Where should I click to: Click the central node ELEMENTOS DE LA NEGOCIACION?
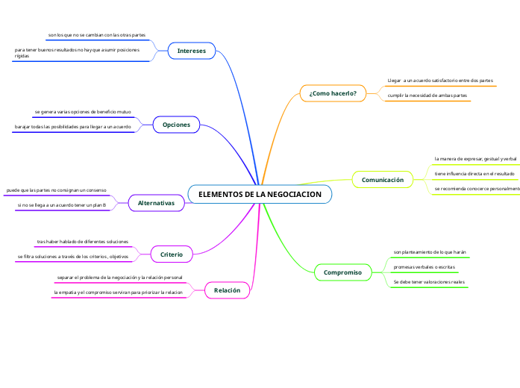pyautogui.click(x=260, y=194)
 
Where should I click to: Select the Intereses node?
pyautogui.click(x=192, y=51)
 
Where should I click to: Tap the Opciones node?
pyautogui.click(x=176, y=125)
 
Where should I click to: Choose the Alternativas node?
pyautogui.click(x=156, y=202)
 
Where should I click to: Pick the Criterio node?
pyautogui.click(x=172, y=254)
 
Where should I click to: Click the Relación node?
pyautogui.click(x=227, y=290)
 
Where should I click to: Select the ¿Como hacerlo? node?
pyautogui.click(x=333, y=93)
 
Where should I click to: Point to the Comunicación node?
pyautogui.click(x=382, y=180)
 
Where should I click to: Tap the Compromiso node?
pyautogui.click(x=342, y=273)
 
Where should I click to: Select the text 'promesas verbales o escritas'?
pyautogui.click(x=424, y=266)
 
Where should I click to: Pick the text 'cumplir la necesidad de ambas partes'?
pyautogui.click(x=427, y=96)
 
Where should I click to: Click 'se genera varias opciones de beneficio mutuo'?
pyautogui.click(x=83, y=111)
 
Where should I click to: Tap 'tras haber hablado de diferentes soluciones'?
pyautogui.click(x=83, y=242)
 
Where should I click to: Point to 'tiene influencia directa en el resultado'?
pyautogui.click(x=474, y=174)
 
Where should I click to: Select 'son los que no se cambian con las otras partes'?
pyautogui.click(x=96, y=35)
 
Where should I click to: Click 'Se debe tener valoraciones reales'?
pyautogui.click(x=429, y=282)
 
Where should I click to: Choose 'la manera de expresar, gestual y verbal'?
pyautogui.click(x=475, y=159)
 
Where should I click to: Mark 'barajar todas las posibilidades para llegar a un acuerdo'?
pyautogui.click(x=73, y=127)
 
